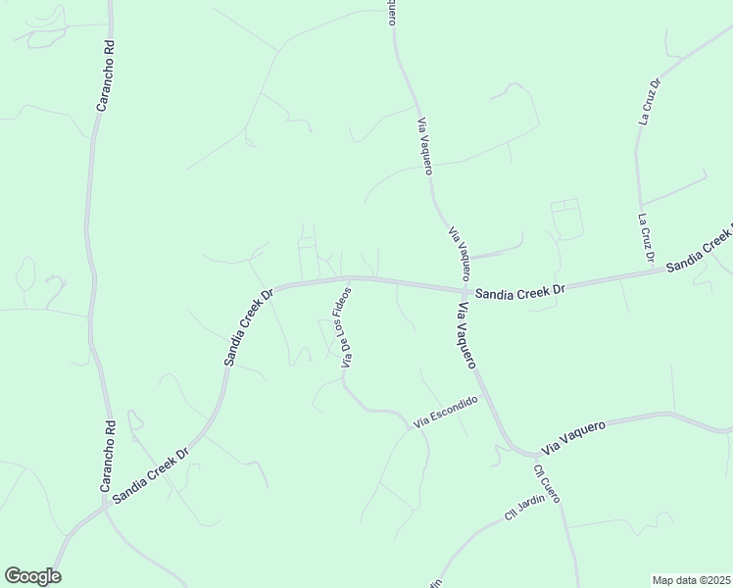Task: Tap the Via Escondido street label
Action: pos(445,412)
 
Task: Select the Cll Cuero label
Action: pos(547,482)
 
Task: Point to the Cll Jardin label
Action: pos(524,508)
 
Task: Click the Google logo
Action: pos(32,576)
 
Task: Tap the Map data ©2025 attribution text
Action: pos(692,580)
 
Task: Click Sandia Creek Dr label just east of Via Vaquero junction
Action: pos(520,292)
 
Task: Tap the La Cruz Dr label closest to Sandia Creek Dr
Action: pos(646,238)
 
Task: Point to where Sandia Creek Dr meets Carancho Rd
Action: pos(105,507)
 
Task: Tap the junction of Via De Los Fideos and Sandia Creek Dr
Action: pos(351,278)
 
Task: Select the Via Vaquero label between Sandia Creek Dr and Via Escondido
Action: pos(465,334)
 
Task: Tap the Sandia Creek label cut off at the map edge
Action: pos(700,252)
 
